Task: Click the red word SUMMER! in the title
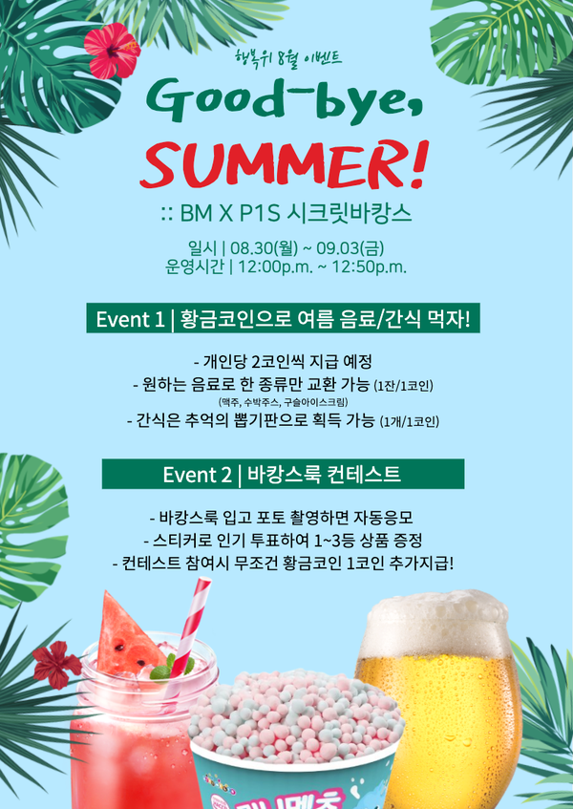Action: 284,165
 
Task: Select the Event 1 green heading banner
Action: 283,318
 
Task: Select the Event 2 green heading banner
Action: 283,474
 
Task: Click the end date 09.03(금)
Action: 350,248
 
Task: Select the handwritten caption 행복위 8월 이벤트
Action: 287,56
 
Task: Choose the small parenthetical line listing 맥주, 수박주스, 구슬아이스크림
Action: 283,402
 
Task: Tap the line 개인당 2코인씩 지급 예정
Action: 283,362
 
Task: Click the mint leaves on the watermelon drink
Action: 170,667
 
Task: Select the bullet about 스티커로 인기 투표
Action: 283,541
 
